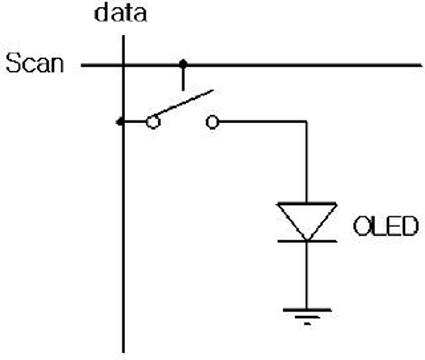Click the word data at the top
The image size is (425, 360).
pyautogui.click(x=121, y=13)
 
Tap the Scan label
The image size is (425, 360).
pyautogui.click(x=35, y=63)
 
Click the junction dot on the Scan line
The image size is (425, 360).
pyautogui.click(x=183, y=64)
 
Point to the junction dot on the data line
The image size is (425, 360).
pyautogui.click(x=120, y=122)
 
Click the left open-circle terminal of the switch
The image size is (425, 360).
pyautogui.click(x=153, y=122)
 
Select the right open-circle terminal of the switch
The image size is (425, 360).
pyautogui.click(x=212, y=122)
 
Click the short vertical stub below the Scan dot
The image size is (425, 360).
pyautogui.click(x=183, y=79)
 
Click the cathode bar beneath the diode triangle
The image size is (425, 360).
pyautogui.click(x=307, y=241)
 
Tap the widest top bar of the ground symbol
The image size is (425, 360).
pyautogui.click(x=307, y=310)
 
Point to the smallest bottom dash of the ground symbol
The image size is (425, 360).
pyautogui.click(x=307, y=323)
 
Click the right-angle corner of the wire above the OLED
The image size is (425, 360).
pyautogui.click(x=307, y=122)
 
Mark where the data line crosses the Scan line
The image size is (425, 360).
pyautogui.click(x=123, y=65)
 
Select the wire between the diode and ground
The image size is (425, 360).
pyautogui.click(x=307, y=275)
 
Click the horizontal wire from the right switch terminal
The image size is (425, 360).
pyautogui.click(x=263, y=122)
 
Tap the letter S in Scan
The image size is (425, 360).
pyautogui.click(x=13, y=63)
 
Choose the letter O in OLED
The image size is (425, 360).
pyautogui.click(x=362, y=226)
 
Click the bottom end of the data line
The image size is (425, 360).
pyautogui.click(x=123, y=353)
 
